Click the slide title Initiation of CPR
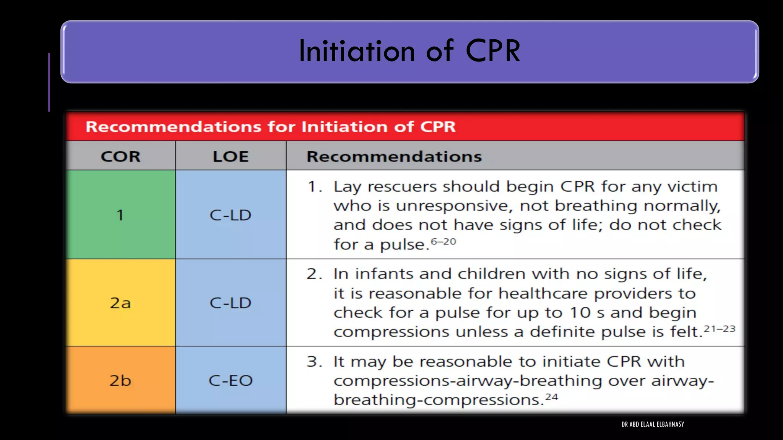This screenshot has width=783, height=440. (x=409, y=51)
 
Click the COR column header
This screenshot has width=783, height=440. (x=120, y=157)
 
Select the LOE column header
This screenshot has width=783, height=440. (x=231, y=157)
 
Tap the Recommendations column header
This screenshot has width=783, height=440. (x=394, y=157)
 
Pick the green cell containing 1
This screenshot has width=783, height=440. (x=120, y=215)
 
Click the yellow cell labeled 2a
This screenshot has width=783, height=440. (x=120, y=303)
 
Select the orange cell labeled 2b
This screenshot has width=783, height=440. (x=120, y=380)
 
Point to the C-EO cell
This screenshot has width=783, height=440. (x=231, y=380)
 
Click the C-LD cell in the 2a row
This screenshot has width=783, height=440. (x=231, y=303)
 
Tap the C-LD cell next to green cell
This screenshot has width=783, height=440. (x=231, y=215)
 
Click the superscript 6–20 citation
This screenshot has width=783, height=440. (x=443, y=242)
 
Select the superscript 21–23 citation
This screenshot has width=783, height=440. (x=720, y=329)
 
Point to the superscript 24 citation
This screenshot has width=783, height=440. (x=552, y=397)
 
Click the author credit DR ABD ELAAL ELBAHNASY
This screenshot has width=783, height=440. (x=653, y=424)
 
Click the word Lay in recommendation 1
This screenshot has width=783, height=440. (x=347, y=187)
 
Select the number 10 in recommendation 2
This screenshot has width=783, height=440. (x=580, y=313)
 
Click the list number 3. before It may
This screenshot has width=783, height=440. (x=314, y=362)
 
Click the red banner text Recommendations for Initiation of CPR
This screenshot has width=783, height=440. (x=270, y=127)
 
